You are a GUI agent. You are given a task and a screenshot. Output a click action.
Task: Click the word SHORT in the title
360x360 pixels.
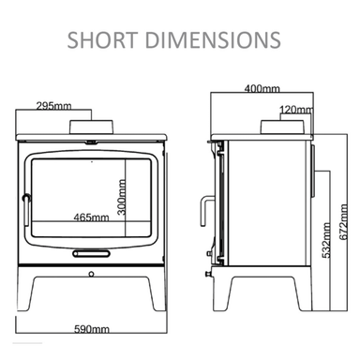102,40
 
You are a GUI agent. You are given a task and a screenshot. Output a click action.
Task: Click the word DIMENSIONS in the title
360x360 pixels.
213,40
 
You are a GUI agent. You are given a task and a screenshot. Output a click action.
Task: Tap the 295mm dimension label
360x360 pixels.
53,106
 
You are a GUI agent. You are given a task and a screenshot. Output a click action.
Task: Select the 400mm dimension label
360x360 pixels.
262,89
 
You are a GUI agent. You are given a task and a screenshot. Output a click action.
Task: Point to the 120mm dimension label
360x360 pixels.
296,110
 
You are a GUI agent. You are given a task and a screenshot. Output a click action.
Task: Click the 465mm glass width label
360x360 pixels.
92,217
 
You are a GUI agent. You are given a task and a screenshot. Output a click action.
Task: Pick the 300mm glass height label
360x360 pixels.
122,197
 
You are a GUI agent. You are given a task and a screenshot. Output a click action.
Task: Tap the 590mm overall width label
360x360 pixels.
92,329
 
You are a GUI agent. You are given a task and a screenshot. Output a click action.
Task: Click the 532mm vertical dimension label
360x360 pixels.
326,240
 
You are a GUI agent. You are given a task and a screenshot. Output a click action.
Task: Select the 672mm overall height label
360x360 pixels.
343,222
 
